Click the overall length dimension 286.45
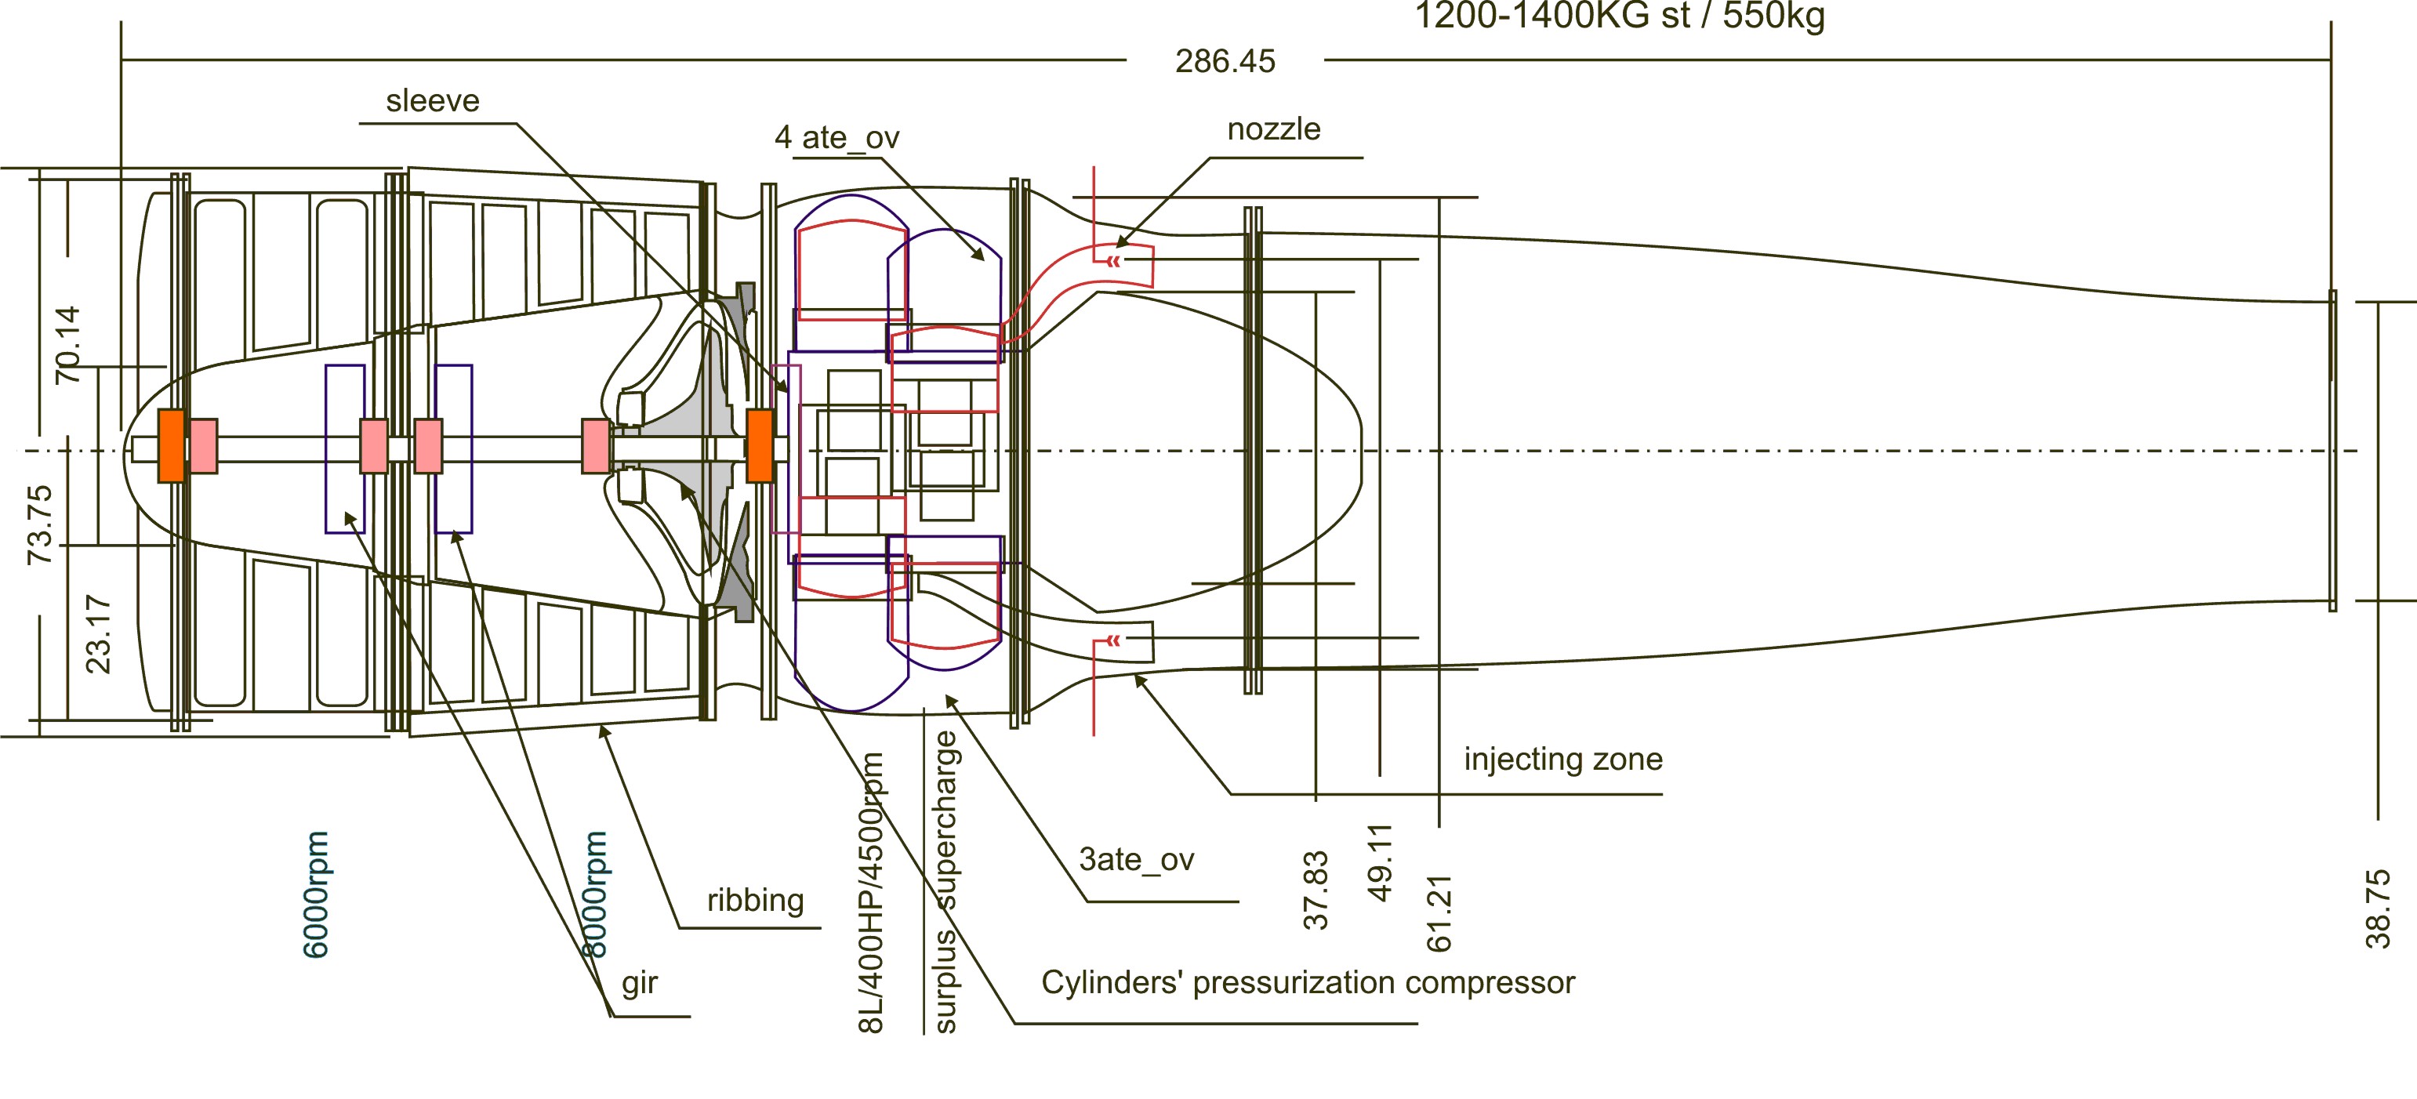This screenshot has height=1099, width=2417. pos(1225,62)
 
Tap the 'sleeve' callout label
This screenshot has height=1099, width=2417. pos(433,101)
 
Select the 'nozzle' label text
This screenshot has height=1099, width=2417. pos(1273,129)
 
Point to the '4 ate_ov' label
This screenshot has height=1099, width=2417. pos(836,139)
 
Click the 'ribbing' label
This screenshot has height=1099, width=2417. pos(755,901)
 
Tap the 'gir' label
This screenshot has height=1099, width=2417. pos(640,984)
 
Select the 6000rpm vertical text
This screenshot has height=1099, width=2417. pos(316,894)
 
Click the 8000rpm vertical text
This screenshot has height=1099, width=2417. pos(595,894)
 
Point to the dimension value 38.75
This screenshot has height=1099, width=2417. pos(2378,909)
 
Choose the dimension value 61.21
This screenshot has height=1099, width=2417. pos(1439,913)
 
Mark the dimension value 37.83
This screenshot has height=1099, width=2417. pos(1316,890)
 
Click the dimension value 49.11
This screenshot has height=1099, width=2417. pos(1379,862)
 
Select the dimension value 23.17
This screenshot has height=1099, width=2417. pos(97,634)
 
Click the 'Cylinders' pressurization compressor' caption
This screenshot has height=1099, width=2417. pos(1307,983)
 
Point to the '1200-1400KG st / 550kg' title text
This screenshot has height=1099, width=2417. pos(1619,16)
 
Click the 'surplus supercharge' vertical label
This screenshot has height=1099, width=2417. pos(945,882)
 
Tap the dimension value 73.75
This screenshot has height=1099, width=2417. pos(39,524)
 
